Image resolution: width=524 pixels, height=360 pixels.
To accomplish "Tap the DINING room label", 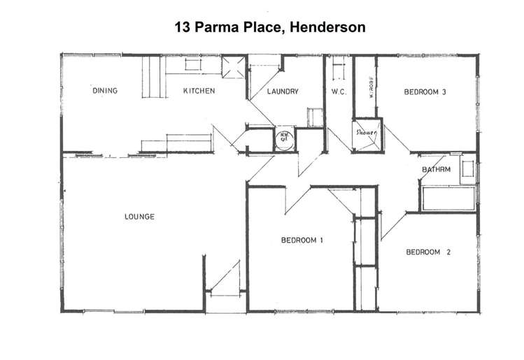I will coord(105,91).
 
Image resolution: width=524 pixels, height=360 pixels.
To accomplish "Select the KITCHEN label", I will coord(199,91).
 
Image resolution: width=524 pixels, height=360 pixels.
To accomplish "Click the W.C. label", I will coord(339,92).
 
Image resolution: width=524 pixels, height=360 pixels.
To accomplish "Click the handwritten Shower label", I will coord(367,132).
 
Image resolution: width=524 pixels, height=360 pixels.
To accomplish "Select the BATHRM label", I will coord(436,170).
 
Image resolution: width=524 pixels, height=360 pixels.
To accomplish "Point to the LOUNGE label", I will coord(139,217).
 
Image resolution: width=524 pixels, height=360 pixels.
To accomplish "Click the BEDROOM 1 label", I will coord(302,241).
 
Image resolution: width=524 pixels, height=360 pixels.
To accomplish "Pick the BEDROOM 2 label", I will coord(427,252).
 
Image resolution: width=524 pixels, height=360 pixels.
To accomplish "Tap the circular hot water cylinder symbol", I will coord(284,137).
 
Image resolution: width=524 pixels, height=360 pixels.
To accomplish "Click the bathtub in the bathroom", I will coord(448,198).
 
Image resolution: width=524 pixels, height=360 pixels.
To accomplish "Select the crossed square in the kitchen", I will coord(232,69).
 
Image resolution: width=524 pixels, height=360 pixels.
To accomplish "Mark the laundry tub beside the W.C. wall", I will coord(315,117).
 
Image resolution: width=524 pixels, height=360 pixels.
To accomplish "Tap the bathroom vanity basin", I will coord(467,169).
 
